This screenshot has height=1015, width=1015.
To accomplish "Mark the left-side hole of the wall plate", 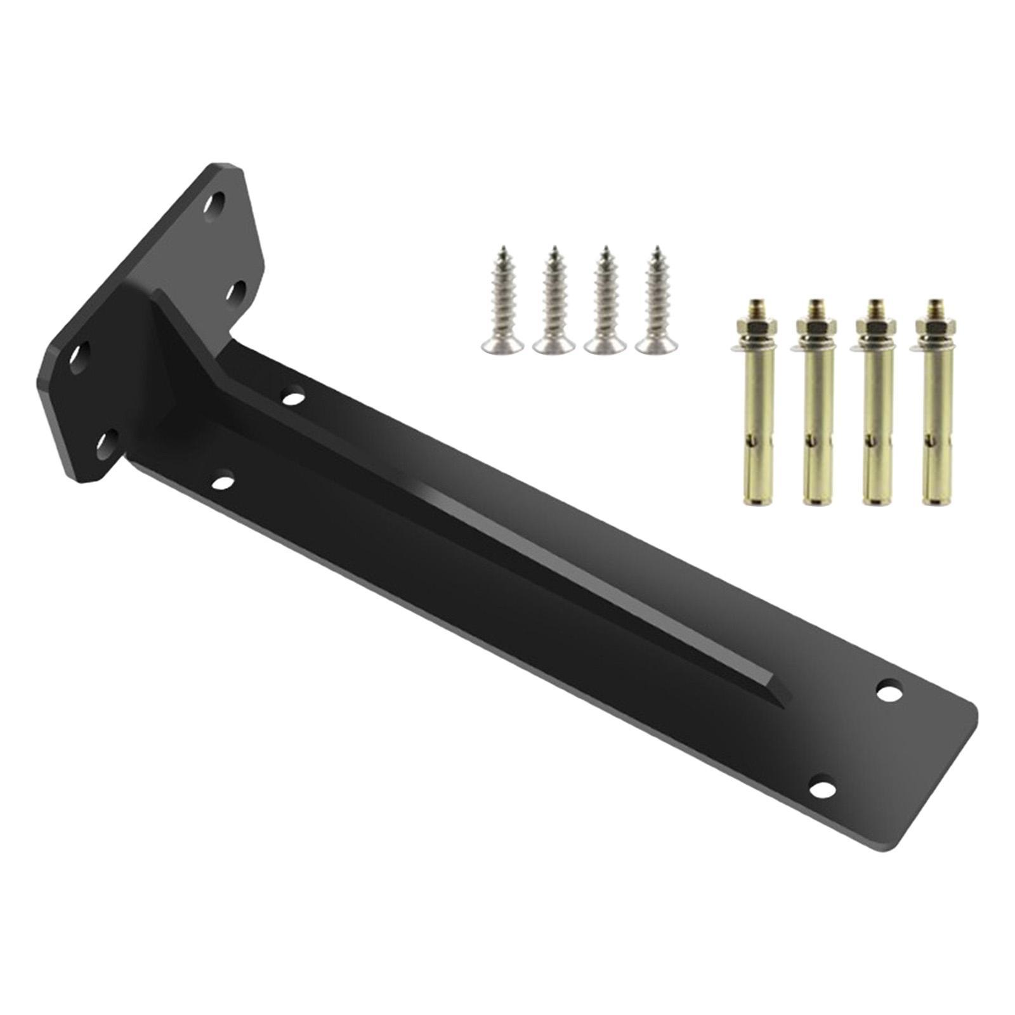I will [80, 353].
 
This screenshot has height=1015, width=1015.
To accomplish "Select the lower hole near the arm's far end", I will [822, 790].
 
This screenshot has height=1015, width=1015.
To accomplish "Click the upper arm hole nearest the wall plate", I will [292, 399].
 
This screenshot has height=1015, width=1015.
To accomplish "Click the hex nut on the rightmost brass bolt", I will [931, 329].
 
